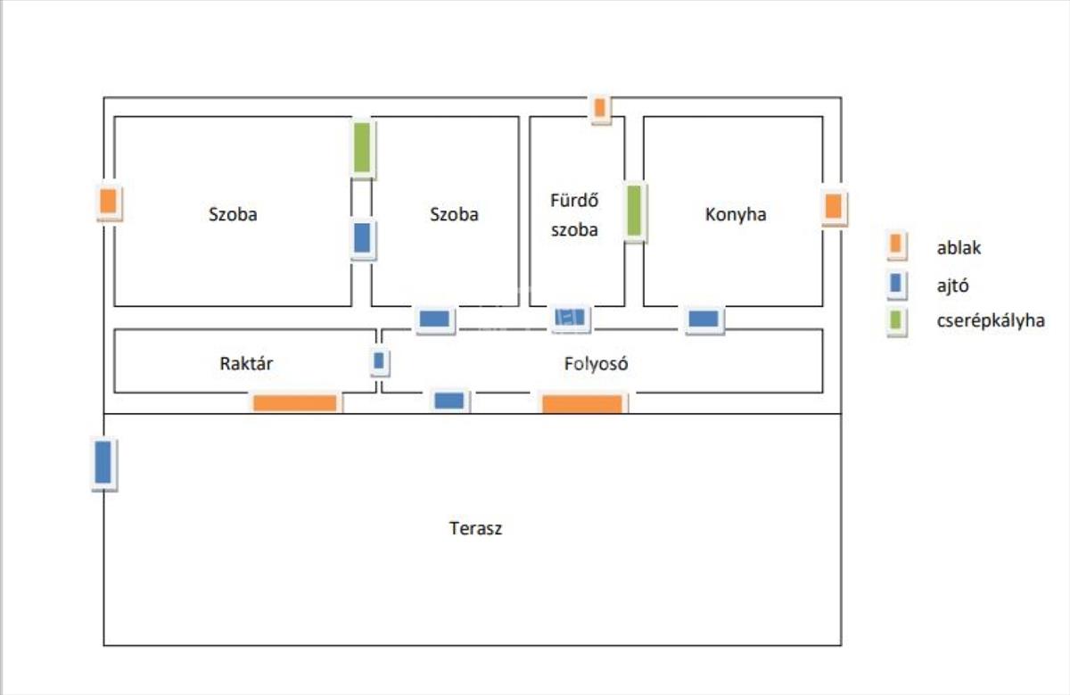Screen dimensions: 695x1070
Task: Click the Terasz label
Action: pos(475,528)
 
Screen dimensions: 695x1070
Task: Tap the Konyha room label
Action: pos(736,214)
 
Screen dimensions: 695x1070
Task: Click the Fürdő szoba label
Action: pos(574,215)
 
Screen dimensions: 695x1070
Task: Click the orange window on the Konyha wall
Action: pos(833,207)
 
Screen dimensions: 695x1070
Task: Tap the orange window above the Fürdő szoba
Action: pos(600,108)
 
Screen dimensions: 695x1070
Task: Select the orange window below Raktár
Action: pos(295,403)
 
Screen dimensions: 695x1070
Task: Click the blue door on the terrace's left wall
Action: pos(103,462)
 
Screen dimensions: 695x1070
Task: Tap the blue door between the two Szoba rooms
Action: pos(361,239)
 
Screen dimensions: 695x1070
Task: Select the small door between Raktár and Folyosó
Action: pos(379,361)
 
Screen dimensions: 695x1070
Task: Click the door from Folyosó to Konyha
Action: pos(704,319)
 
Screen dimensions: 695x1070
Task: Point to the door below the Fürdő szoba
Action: pos(569,317)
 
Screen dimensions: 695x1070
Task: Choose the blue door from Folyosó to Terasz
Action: pos(449,401)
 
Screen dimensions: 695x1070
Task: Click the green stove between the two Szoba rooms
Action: pos(361,148)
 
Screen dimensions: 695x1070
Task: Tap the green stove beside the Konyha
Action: pos(634,211)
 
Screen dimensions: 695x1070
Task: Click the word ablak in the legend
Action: pos(959,248)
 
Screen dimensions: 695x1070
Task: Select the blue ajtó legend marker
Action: pos(896,285)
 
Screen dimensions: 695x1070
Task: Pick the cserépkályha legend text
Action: pos(990,321)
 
